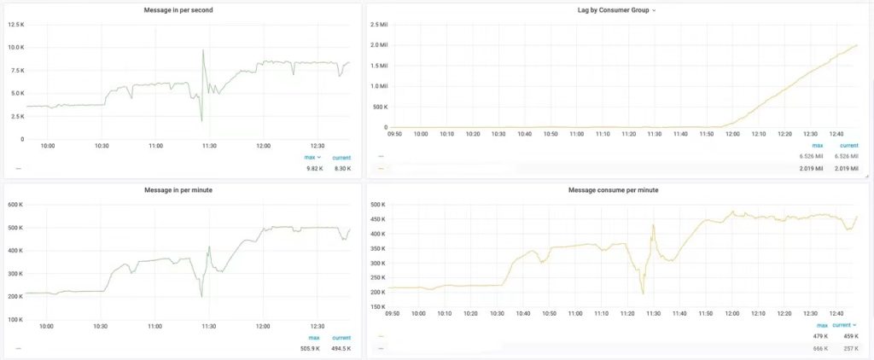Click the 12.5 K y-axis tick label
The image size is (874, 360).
click(16, 25)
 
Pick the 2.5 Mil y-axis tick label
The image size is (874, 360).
click(378, 25)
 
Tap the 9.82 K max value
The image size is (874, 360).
click(314, 168)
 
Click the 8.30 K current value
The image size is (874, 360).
click(341, 168)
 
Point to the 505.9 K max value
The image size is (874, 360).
click(312, 348)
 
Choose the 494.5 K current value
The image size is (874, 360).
click(341, 348)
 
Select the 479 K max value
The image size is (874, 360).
click(820, 336)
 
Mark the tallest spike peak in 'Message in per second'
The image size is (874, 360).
click(203, 50)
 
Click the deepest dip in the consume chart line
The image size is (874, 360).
click(643, 293)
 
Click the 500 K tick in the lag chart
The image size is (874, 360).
click(378, 107)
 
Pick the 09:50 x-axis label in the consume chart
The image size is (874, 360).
click(393, 313)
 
